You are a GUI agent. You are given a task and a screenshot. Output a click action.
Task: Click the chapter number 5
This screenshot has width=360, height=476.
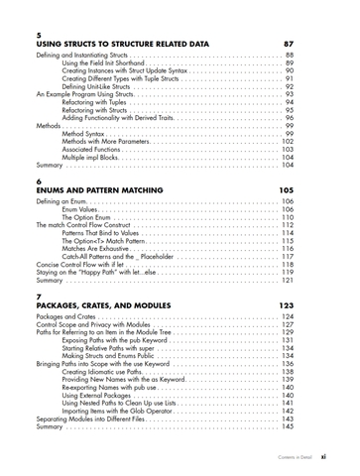[39, 35]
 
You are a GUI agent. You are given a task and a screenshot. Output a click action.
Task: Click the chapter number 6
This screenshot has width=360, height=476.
[39, 180]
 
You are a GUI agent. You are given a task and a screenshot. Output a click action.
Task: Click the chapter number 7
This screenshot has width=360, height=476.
[39, 296]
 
